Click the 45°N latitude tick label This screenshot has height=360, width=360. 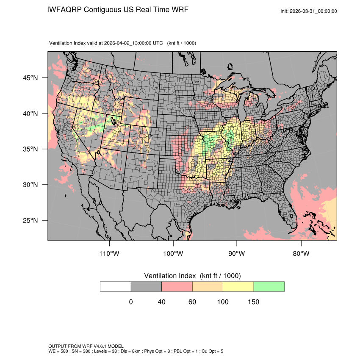[30, 78]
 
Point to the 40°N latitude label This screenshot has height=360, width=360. [30, 114]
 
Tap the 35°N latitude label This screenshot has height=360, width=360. [30, 149]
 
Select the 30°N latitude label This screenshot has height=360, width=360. [30, 185]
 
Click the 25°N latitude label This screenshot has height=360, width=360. [30, 220]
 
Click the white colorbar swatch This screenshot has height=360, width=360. [116, 286]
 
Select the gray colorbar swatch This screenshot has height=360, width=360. [146, 286]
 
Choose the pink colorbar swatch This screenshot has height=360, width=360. [177, 286]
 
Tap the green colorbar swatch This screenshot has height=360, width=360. [269, 286]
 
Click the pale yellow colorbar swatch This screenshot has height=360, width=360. [238, 286]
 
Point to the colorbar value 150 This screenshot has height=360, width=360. [253, 302]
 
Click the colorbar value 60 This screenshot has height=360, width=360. [192, 302]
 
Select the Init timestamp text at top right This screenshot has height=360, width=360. [309, 11]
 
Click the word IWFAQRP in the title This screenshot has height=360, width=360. [65, 9]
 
